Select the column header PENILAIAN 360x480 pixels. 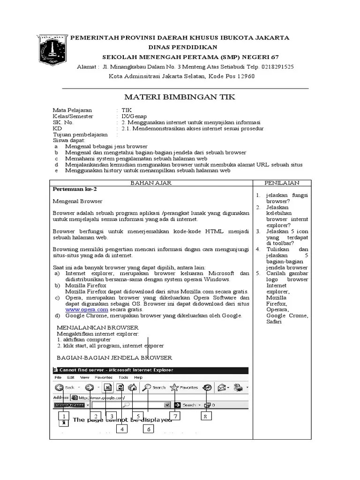click(x=282, y=183)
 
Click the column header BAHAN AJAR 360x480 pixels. click(x=151, y=183)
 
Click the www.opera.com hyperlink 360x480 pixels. click(x=80, y=309)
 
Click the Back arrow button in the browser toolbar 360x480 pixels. click(x=59, y=388)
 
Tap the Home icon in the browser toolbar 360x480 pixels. click(x=133, y=388)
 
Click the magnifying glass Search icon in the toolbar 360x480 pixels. click(x=147, y=388)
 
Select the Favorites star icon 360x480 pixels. click(x=174, y=388)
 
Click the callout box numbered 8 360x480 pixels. click(x=205, y=416)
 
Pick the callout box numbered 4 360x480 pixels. click(x=121, y=429)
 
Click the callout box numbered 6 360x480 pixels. click(x=148, y=429)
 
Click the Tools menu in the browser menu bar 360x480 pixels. click(x=123, y=377)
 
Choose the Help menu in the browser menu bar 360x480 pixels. click(x=138, y=377)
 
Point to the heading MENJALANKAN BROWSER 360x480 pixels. click(x=97, y=327)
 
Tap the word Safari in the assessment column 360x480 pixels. click(x=274, y=322)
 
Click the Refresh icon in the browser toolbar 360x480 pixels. click(x=120, y=388)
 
